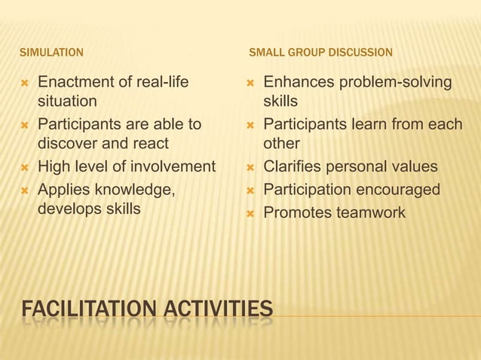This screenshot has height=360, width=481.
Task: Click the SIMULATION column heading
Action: pyautogui.click(x=51, y=53)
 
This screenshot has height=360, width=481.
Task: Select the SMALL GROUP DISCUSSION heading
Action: pyautogui.click(x=320, y=53)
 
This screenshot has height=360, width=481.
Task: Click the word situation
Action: pyautogui.click(x=67, y=101)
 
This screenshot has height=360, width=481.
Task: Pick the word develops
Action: pyautogui.click(x=69, y=209)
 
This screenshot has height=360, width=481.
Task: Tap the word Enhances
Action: pyautogui.click(x=296, y=81)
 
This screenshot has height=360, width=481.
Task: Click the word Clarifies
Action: pyautogui.click(x=293, y=166)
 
